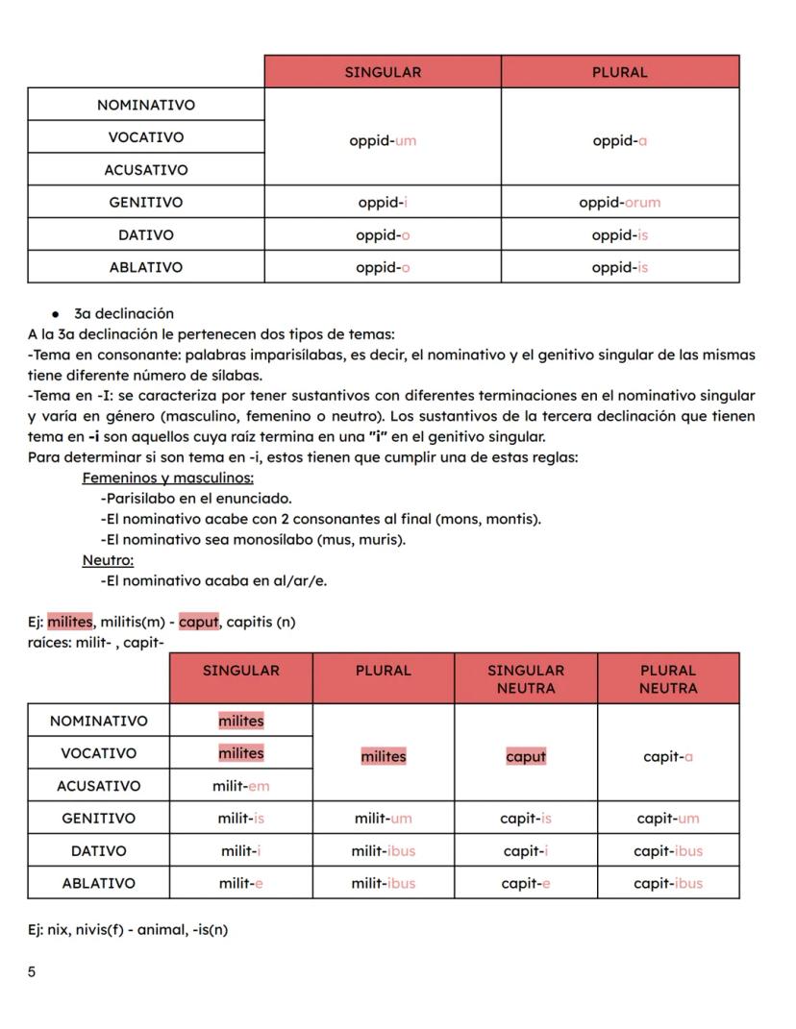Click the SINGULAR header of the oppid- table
coord(383,72)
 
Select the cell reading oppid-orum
coord(619,203)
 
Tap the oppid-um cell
coord(383,140)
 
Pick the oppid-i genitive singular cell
coord(383,203)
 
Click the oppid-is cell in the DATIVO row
coord(619,235)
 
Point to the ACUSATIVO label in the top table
coord(146,170)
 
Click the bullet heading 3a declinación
coord(123,314)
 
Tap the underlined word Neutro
coord(108,560)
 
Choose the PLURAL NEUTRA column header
coord(668,679)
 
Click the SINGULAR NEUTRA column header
coord(526,679)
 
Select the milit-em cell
coord(241,786)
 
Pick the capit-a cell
coord(668,757)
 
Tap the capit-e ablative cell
coord(526,883)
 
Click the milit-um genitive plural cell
coord(383,819)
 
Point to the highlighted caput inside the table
coord(526,757)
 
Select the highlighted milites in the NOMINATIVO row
coord(241,721)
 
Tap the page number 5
coord(32,972)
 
